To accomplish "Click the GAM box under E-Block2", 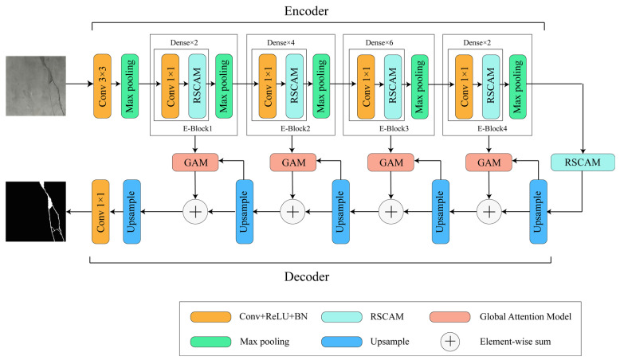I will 292,162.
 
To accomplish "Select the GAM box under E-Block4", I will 488,162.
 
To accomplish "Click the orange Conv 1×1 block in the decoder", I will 103,210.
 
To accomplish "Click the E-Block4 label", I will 488,127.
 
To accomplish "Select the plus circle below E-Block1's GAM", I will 195,211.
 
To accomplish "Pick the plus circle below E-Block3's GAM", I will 390,211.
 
